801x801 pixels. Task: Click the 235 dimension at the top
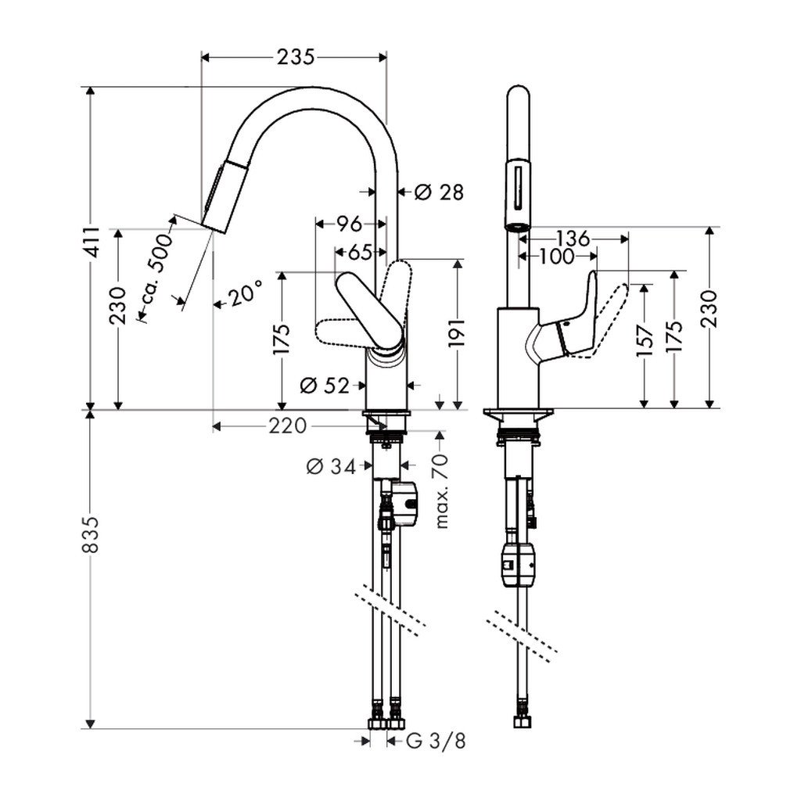(294, 57)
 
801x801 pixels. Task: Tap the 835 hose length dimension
(92, 533)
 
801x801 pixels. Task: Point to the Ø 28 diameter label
(439, 191)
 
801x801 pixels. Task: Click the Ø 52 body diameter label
(324, 384)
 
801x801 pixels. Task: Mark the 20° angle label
(245, 296)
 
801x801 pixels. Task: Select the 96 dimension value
(349, 224)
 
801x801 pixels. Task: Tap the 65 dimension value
(359, 252)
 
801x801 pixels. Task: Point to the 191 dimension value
(458, 333)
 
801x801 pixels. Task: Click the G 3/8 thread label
(435, 740)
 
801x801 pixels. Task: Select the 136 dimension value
(574, 237)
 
